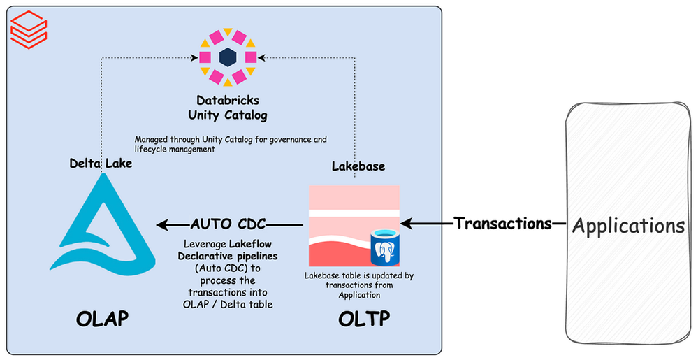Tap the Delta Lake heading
(x=101, y=163)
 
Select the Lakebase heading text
(x=357, y=168)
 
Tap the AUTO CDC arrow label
(x=229, y=224)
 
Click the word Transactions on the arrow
(x=503, y=224)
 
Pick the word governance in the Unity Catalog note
(x=277, y=139)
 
